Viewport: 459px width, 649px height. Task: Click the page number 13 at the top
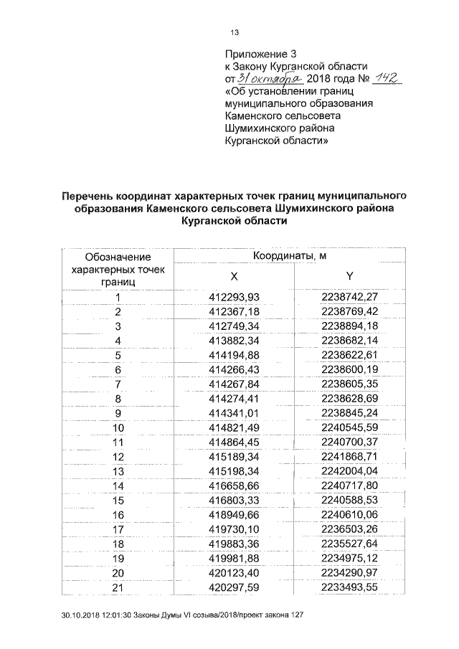click(233, 33)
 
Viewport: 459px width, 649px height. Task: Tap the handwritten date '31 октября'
click(273, 78)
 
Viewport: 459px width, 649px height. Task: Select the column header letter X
click(233, 277)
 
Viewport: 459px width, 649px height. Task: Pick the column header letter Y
click(349, 277)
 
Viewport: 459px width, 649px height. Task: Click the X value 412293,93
click(233, 298)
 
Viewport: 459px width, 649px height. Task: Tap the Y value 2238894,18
click(349, 326)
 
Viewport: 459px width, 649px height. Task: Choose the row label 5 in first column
click(118, 356)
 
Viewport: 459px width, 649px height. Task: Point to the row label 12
click(118, 457)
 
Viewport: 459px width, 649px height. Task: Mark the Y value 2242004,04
click(349, 471)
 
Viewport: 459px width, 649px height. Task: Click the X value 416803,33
click(233, 500)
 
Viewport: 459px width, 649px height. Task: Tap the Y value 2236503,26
click(349, 529)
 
